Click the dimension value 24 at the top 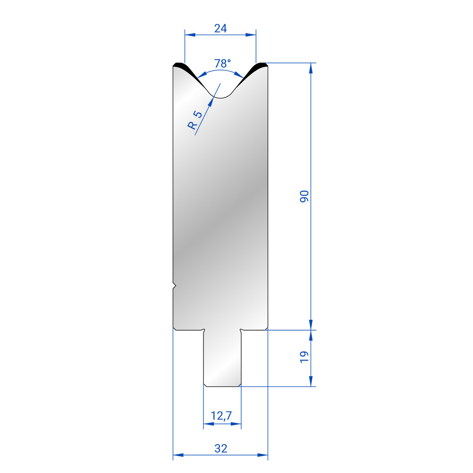coord(220,28)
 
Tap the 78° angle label coord(222,63)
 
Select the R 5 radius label coord(194,120)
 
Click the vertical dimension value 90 coord(304,196)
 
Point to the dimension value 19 coord(304,357)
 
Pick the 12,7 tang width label coord(221,416)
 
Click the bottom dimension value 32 coord(220,448)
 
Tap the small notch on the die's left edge coord(175,286)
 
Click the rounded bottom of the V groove coord(220,96)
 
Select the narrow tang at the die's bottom coord(222,358)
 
